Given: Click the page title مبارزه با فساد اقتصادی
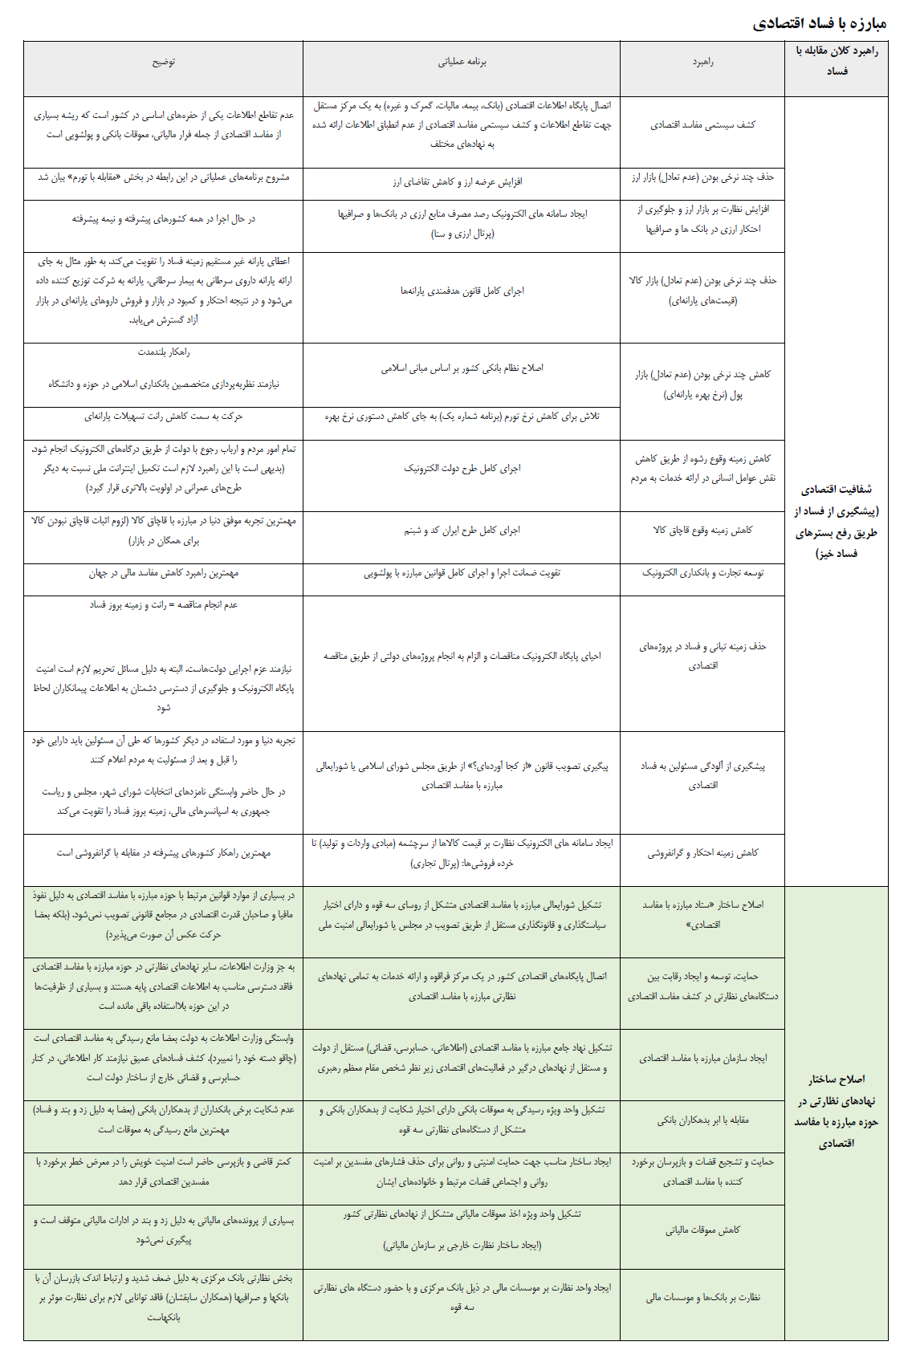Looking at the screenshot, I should pos(819,23).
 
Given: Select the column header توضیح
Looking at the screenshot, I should pos(164,62).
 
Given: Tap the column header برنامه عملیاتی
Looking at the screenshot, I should pos(462,62).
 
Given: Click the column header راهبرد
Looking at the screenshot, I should pos(702,62).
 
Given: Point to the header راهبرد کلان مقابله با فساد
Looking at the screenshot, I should pos(837,61).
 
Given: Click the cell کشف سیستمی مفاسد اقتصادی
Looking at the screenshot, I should pos(702,125).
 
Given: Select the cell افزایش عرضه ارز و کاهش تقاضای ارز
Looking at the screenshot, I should pos(458,182).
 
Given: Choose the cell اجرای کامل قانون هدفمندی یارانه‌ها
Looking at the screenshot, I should pos(462,291).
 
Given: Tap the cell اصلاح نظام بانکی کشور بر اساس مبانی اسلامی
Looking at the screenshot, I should pos(462,368).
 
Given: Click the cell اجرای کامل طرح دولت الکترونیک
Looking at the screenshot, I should pos(462,469).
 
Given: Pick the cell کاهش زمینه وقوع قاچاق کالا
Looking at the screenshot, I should pos(702,531).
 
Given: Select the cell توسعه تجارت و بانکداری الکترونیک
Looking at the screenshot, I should pos(702,573).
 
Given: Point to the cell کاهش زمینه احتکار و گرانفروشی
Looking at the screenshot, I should pos(702,853).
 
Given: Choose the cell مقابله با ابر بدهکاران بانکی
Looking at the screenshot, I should pos(702,1120).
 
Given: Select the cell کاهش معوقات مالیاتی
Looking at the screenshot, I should pos(702,1230).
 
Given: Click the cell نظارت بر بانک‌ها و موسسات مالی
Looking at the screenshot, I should pos(702,1297).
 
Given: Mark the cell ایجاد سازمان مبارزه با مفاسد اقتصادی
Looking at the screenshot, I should pos(702,1059).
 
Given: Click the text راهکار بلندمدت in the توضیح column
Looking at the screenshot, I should pos(164,352).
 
